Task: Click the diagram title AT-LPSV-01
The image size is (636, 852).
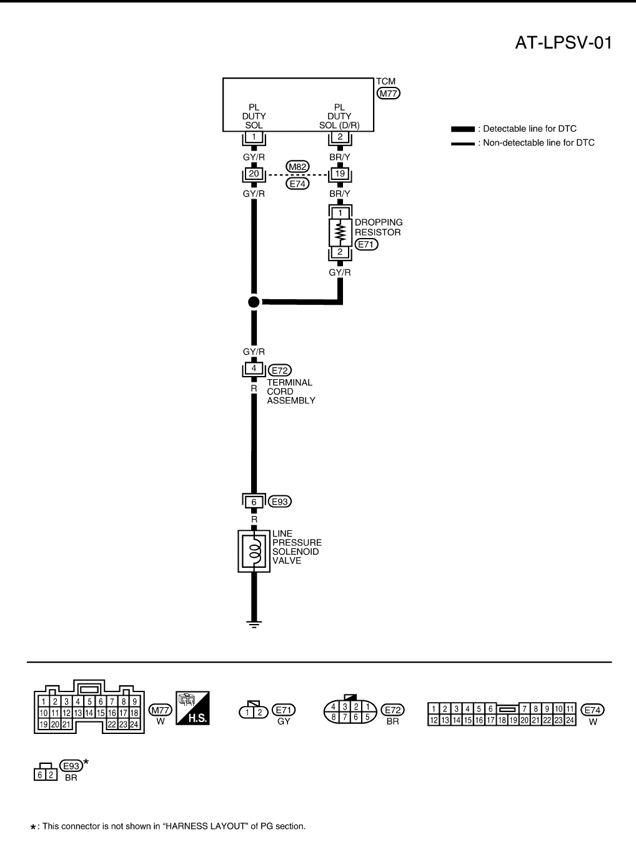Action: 563,43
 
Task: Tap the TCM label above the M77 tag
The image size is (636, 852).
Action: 385,81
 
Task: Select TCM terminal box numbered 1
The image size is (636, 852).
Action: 254,137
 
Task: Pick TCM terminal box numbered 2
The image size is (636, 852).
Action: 340,137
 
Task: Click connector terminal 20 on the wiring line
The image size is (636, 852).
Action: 254,174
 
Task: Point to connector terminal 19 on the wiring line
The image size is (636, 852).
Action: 340,174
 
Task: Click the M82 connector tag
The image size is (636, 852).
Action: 297,166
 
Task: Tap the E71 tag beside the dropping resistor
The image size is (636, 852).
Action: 366,244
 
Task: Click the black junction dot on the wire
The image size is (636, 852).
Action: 254,302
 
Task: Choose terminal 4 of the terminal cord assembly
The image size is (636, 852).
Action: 254,369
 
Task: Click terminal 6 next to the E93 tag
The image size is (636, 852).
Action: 254,502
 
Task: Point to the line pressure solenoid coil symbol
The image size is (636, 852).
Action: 254,551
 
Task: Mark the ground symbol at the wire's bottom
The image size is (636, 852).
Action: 254,622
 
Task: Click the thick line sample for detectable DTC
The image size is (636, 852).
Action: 462,129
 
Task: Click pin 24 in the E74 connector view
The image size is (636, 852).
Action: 570,720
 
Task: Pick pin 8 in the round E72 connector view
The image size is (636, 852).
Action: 334,718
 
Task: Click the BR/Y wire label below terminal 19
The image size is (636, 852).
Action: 340,194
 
